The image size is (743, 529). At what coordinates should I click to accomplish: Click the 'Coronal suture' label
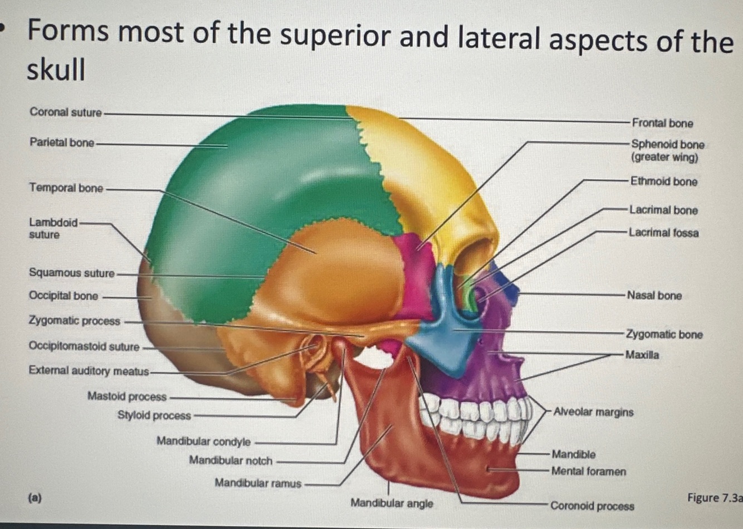(x=66, y=112)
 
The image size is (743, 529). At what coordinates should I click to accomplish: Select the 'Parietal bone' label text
(x=62, y=143)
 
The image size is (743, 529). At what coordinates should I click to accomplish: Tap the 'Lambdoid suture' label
(x=53, y=228)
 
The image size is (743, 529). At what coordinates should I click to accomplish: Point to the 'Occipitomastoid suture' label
(x=84, y=346)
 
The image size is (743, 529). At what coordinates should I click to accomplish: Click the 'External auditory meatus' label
(x=89, y=370)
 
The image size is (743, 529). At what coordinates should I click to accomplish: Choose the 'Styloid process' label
(x=154, y=415)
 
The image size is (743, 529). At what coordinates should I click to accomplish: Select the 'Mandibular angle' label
(x=392, y=503)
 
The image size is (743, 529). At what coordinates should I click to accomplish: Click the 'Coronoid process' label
(x=592, y=506)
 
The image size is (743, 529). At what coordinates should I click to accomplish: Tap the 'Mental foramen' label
(x=588, y=472)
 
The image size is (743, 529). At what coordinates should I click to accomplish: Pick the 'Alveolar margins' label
(x=593, y=412)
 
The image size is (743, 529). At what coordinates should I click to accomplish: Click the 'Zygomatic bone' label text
(x=664, y=335)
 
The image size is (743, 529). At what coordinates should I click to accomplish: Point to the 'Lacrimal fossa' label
(x=663, y=233)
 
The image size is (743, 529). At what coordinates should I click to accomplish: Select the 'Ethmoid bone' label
(x=663, y=182)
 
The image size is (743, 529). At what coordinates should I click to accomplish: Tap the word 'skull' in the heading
(x=56, y=70)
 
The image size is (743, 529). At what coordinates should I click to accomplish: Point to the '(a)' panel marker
(x=35, y=497)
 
